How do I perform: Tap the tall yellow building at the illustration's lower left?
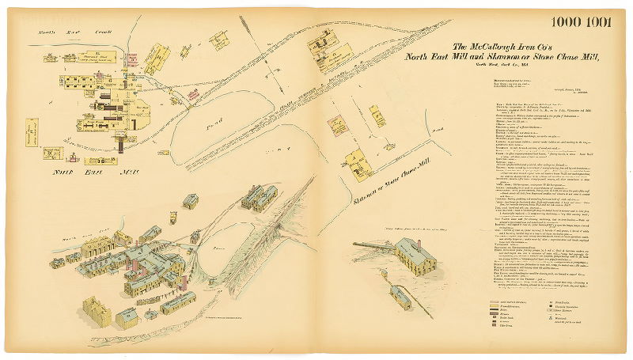[97, 313]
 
